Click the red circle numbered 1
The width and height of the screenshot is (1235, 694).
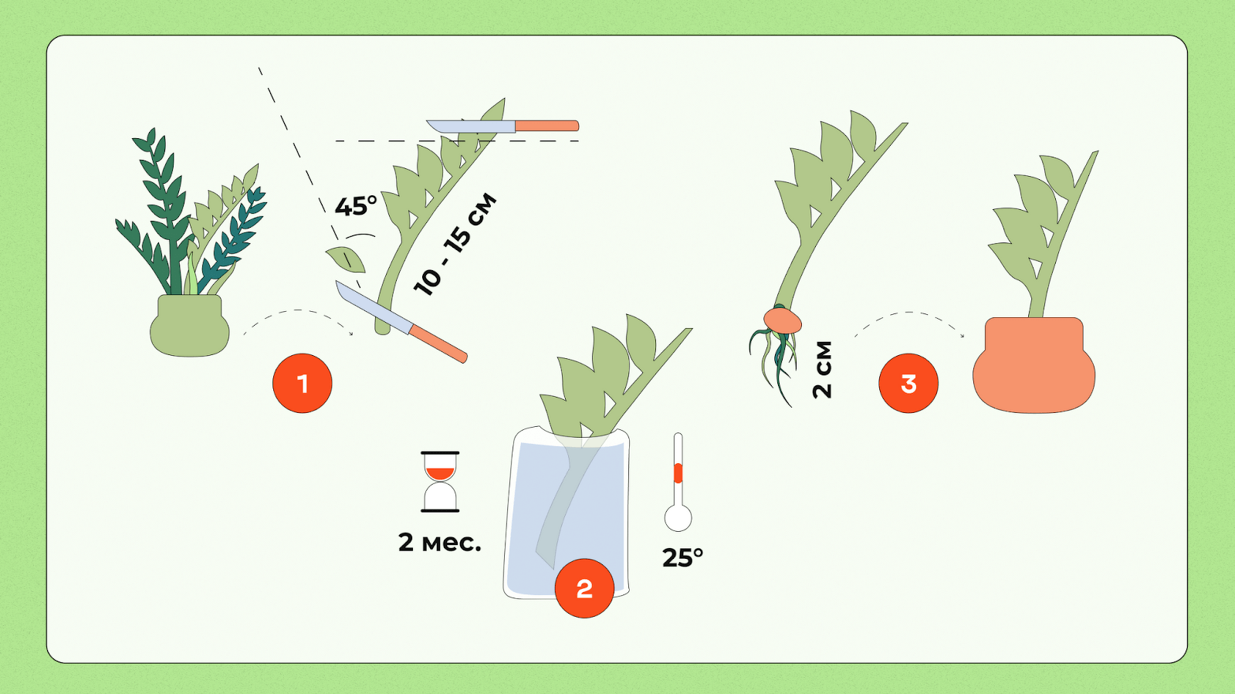[x=302, y=383]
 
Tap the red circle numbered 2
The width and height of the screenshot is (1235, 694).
[x=584, y=588]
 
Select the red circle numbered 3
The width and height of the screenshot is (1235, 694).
[x=908, y=383]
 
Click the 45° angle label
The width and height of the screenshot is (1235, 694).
[x=356, y=206]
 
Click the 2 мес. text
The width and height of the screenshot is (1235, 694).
[x=439, y=543]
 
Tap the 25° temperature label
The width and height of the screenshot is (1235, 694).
[x=682, y=558]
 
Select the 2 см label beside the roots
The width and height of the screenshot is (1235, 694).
[x=822, y=369]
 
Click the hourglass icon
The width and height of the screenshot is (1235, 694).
[x=440, y=482]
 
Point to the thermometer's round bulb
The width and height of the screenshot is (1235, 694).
[x=678, y=518]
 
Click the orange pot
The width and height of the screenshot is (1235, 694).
[x=1034, y=365]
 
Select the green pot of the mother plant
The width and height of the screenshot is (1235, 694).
[x=190, y=325]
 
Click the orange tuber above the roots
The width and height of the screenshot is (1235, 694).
[x=783, y=321]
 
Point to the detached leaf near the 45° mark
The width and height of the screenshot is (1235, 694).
[x=347, y=259]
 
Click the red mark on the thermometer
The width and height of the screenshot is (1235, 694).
[x=678, y=473]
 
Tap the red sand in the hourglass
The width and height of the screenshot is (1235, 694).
[x=440, y=473]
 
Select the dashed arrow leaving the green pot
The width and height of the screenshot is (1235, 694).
[x=298, y=311]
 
